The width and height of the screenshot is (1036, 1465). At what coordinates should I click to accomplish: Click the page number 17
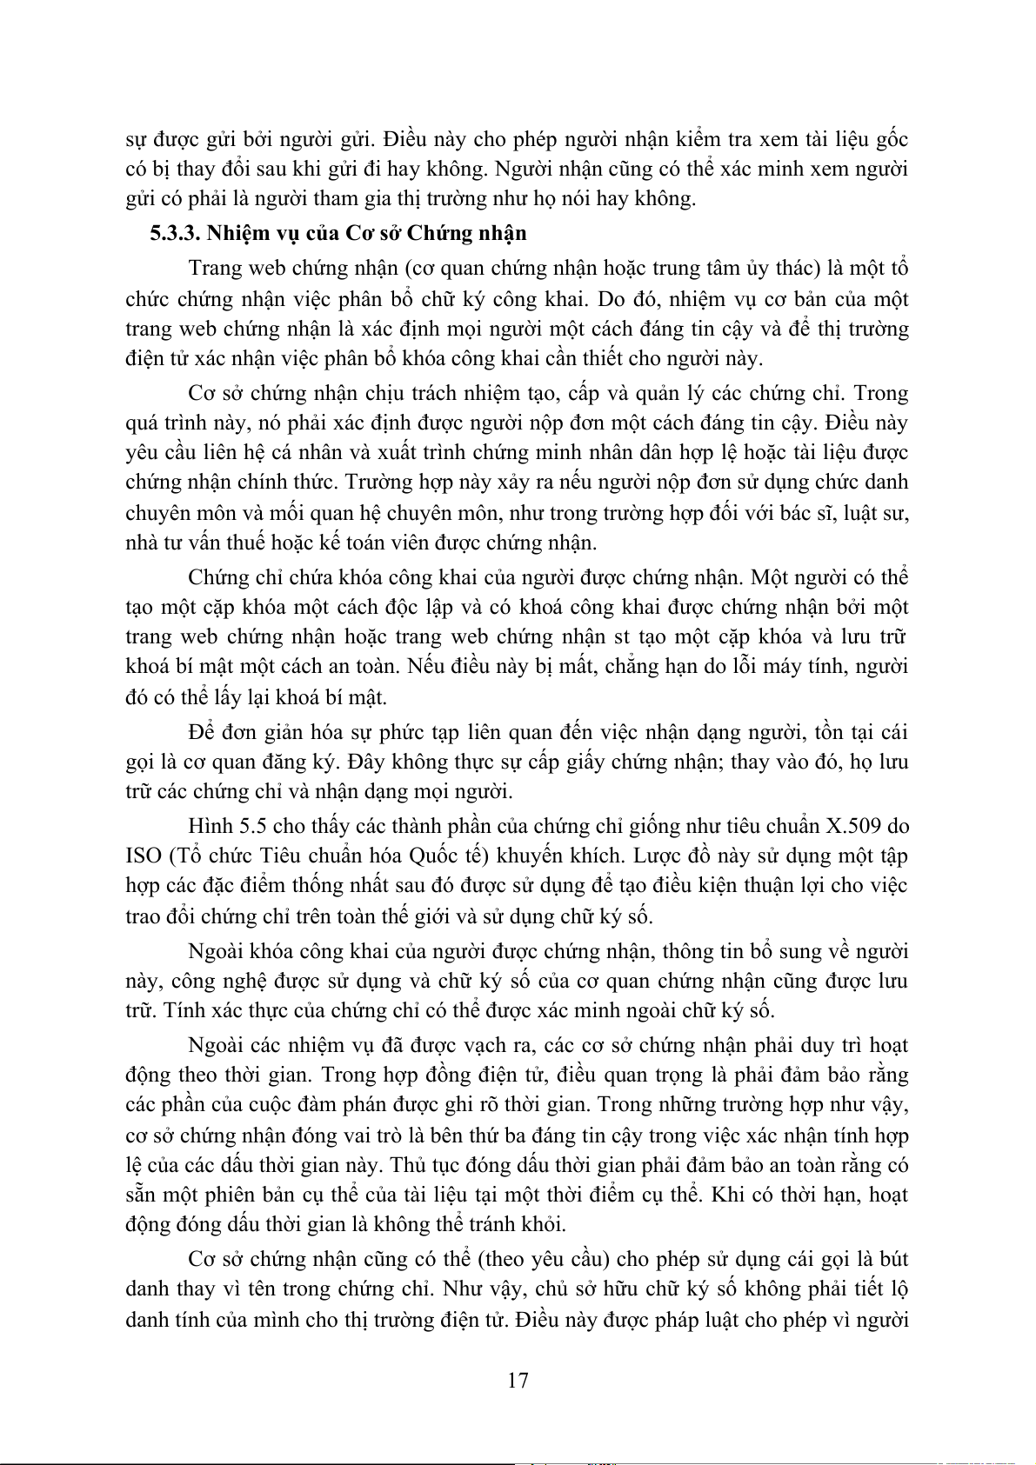point(518,1380)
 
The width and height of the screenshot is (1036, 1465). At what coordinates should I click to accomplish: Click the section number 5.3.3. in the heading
point(175,233)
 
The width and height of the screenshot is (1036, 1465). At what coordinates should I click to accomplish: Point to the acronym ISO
point(144,856)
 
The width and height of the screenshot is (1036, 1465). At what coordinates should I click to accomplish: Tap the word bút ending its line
point(892,1260)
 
